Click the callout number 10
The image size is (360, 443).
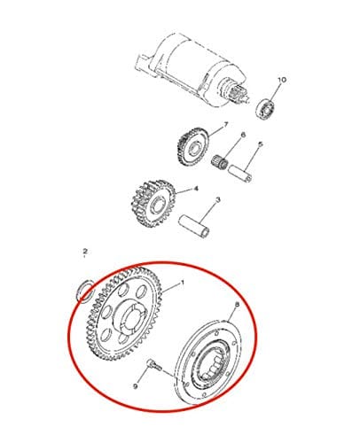pyautogui.click(x=281, y=80)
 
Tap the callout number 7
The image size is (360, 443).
pyautogui.click(x=226, y=125)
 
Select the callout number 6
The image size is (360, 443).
pyautogui.click(x=243, y=136)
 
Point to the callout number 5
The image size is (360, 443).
pyautogui.click(x=260, y=144)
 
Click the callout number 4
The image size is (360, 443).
pyautogui.click(x=195, y=189)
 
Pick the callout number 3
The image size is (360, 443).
pyautogui.click(x=218, y=200)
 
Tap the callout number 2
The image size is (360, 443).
pyautogui.click(x=85, y=252)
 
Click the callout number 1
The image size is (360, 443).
pyautogui.click(x=183, y=283)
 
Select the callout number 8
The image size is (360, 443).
pyautogui.click(x=237, y=305)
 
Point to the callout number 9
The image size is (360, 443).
pyautogui.click(x=136, y=386)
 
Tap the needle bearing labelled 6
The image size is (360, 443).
pyautogui.click(x=220, y=162)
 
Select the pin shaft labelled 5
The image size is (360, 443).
pyautogui.click(x=240, y=174)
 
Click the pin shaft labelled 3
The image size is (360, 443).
pyautogui.click(x=194, y=226)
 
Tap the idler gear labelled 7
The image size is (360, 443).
pyautogui.click(x=193, y=147)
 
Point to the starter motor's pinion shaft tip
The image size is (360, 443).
pyautogui.click(x=246, y=99)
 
